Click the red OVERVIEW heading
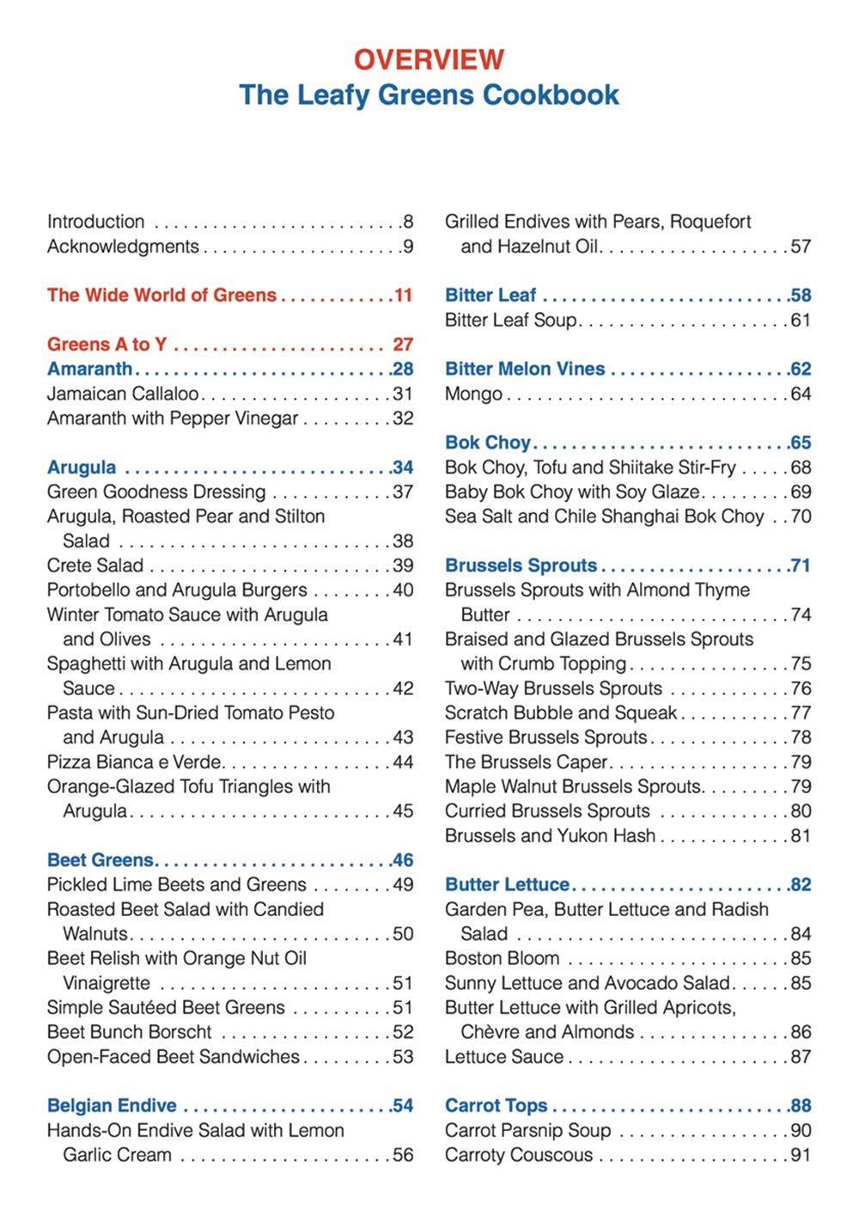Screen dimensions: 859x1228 coord(429,59)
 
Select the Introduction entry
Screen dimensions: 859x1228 coord(95,222)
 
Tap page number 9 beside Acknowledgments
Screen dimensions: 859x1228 coord(408,247)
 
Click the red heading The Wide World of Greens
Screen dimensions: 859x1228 coord(161,296)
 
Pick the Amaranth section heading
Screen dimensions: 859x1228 coord(89,370)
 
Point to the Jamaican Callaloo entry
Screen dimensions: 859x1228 coord(123,394)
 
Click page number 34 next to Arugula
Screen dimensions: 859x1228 coord(403,467)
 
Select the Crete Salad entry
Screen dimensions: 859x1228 coord(95,565)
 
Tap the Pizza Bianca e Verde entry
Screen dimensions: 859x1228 coord(135,762)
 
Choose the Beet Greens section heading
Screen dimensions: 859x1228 coord(101,860)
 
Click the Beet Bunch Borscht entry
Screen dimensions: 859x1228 coord(129,1032)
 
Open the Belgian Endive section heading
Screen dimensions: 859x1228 coord(112,1106)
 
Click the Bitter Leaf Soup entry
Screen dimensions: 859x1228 coord(511,321)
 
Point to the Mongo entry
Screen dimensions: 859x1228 coord(473,394)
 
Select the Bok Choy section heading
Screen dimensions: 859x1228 coord(488,443)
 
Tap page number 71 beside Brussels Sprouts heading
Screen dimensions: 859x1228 coord(801,565)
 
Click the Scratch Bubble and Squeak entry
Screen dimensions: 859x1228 coord(561,713)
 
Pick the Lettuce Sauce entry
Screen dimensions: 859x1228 coord(504,1057)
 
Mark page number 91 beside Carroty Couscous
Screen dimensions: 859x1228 coord(801,1155)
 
